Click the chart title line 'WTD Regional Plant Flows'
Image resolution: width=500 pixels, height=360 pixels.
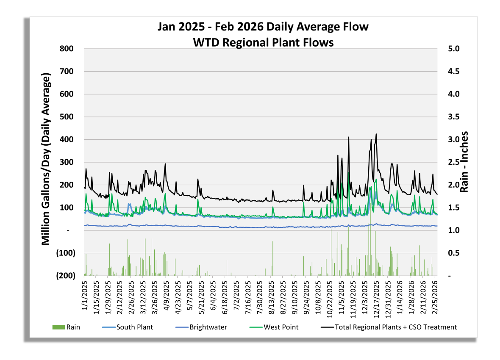(x=263, y=42)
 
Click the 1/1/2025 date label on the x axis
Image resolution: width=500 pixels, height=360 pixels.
(x=84, y=294)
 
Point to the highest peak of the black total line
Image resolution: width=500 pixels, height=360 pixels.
(x=376, y=134)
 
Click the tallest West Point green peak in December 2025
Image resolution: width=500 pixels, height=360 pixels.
(x=376, y=179)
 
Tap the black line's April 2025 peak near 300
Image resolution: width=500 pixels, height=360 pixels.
(x=165, y=164)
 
